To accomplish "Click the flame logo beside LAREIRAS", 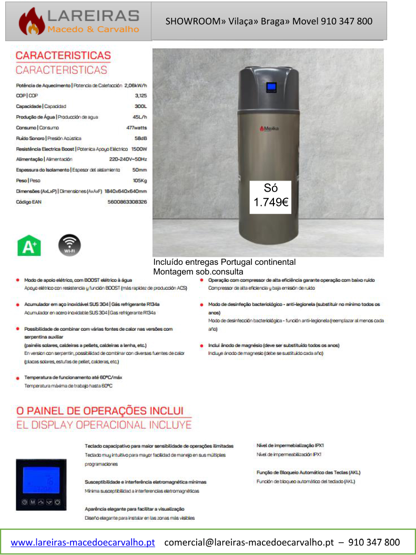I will pyautogui.click(x=32, y=21).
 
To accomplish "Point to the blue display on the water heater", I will pyautogui.click(x=271, y=87).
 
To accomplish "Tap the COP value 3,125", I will pyautogui.click(x=140, y=96).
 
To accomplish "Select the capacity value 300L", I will pyautogui.click(x=140, y=106).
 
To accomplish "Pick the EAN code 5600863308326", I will pyautogui.click(x=127, y=202).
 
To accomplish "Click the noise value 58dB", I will pyautogui.click(x=140, y=138).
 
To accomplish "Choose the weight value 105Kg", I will pyautogui.click(x=139, y=180).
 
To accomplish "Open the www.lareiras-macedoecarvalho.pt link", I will pyautogui.click(x=83, y=542).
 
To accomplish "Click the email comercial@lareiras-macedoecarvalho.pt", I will pyautogui.click(x=249, y=542).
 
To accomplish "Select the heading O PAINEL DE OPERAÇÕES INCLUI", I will pyautogui.click(x=99, y=410).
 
